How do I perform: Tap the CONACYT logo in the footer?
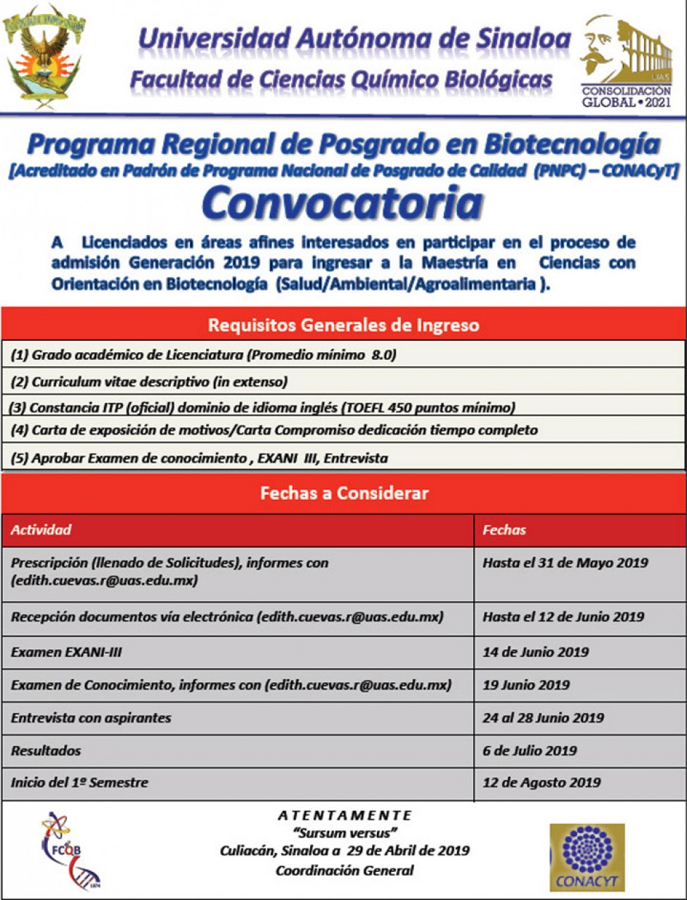pyautogui.click(x=586, y=857)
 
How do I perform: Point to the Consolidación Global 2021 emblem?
pyautogui.click(x=626, y=63)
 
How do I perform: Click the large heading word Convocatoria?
pyautogui.click(x=342, y=203)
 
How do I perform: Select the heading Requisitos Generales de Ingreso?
pyautogui.click(x=343, y=326)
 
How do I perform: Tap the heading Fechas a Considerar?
pyautogui.click(x=343, y=493)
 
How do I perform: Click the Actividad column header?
pyautogui.click(x=41, y=530)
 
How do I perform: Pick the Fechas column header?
pyautogui.click(x=504, y=530)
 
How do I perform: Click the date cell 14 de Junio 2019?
pyautogui.click(x=536, y=652)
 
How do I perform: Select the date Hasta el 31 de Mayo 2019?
pyautogui.click(x=565, y=562)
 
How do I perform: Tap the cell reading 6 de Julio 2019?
pyautogui.click(x=529, y=750)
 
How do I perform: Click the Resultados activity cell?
pyautogui.click(x=46, y=750)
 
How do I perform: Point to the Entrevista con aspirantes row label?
pyautogui.click(x=91, y=718)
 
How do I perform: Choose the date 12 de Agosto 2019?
pyautogui.click(x=541, y=782)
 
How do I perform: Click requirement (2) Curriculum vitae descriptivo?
pyautogui.click(x=149, y=382)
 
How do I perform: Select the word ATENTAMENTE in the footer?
pyautogui.click(x=344, y=816)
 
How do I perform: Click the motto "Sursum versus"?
pyautogui.click(x=344, y=833)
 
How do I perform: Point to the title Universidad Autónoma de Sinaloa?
pyautogui.click(x=353, y=39)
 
